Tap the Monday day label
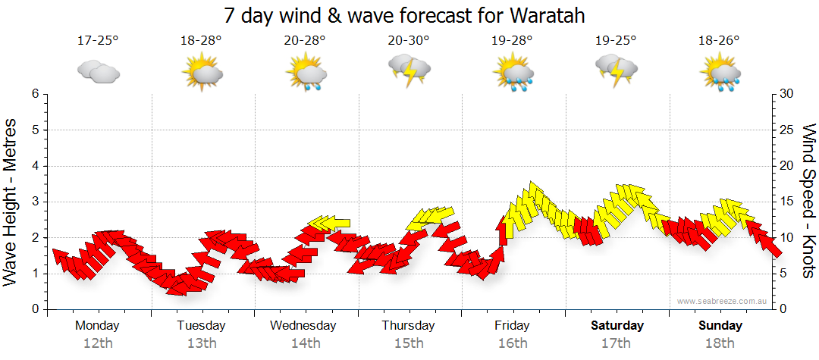click(x=98, y=326)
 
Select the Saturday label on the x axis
click(x=617, y=326)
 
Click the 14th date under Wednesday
click(x=306, y=343)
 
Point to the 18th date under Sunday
click(x=720, y=343)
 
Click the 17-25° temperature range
click(x=98, y=41)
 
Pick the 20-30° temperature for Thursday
click(x=409, y=41)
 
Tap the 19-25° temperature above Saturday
click(x=617, y=41)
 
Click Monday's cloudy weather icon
click(x=99, y=72)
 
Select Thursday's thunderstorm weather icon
click(x=409, y=70)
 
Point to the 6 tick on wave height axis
click(x=35, y=94)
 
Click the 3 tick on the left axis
click(x=35, y=202)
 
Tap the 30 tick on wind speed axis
click(x=787, y=94)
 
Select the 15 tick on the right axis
click(x=787, y=202)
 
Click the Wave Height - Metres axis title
click(x=11, y=202)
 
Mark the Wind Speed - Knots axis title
click(x=808, y=202)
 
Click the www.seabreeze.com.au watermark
click(x=723, y=301)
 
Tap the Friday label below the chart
click(x=513, y=326)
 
